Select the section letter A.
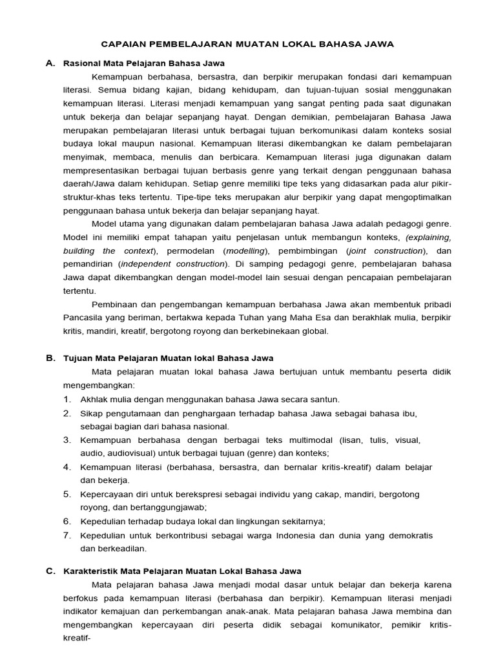50,63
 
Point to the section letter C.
50,571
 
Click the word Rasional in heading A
81,63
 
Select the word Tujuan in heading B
77,358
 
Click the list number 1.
67,400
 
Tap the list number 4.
67,467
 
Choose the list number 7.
67,535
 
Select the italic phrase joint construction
386,250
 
